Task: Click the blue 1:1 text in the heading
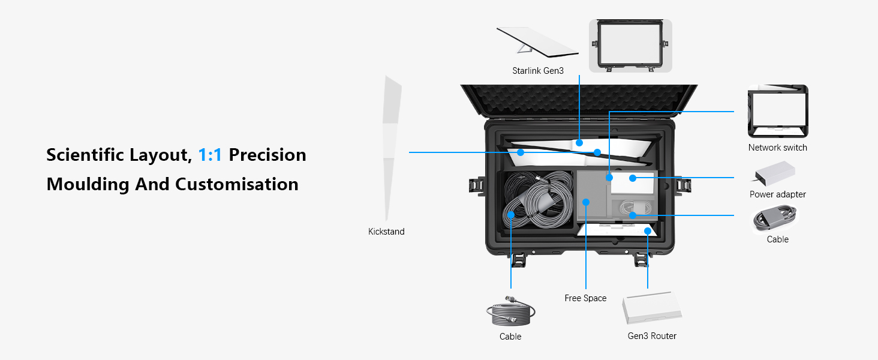210,155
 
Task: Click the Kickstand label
386,232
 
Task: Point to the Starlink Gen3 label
538,71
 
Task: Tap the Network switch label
778,148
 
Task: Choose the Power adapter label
778,194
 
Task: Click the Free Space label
585,298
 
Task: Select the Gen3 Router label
652,335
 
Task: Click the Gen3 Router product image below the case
652,308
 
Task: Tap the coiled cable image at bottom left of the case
510,311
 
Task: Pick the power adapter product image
774,173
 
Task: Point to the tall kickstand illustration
391,148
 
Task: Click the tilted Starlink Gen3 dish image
536,41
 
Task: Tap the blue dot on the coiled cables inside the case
511,215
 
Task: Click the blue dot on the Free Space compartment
585,202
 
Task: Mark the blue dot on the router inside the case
648,232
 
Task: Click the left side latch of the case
477,186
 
